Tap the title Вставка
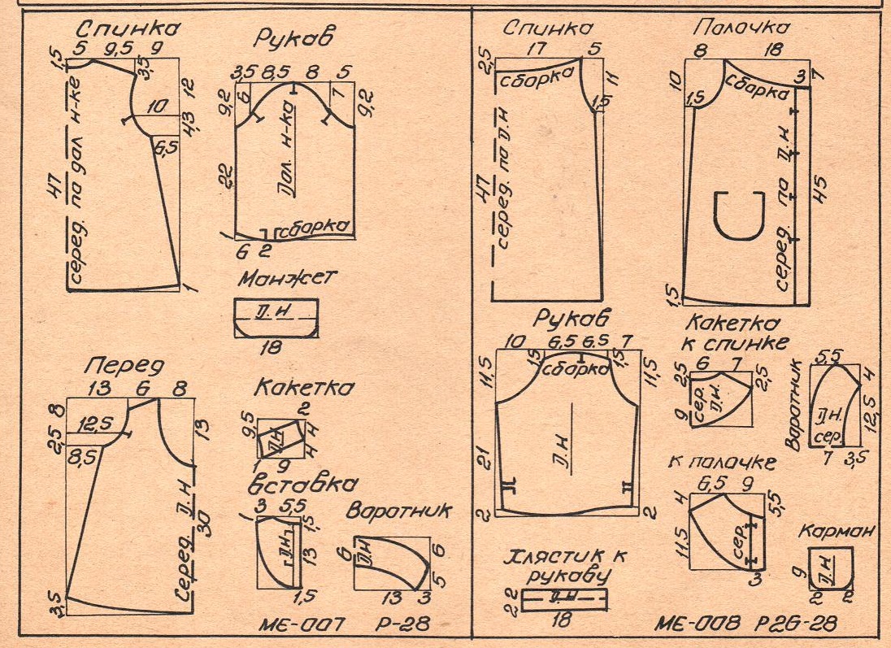point(302,485)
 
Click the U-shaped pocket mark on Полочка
point(737,215)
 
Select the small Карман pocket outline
point(830,568)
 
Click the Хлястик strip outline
point(564,599)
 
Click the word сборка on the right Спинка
point(533,82)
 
